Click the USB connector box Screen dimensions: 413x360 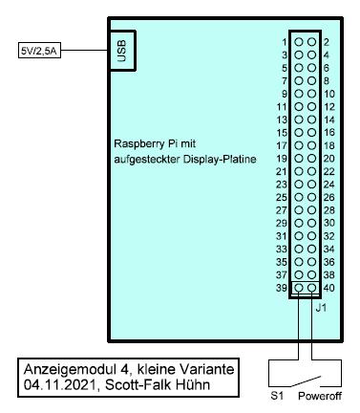pyautogui.click(x=120, y=51)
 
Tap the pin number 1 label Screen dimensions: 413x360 pyautogui.click(x=285, y=42)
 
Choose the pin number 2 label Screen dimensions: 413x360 pyautogui.click(x=326, y=42)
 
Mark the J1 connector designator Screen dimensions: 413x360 pyautogui.click(x=321, y=307)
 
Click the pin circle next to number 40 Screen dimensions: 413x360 pyautogui.click(x=312, y=288)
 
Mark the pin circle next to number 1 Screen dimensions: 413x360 pyautogui.click(x=299, y=42)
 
